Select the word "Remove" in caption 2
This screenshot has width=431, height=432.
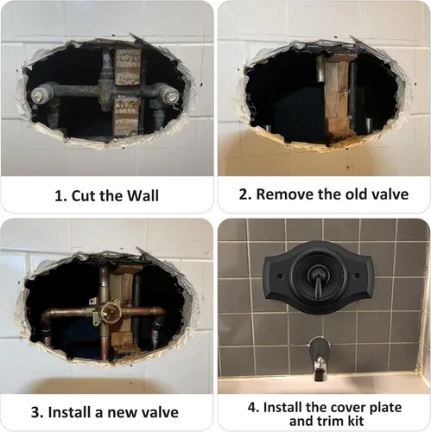pos(280,194)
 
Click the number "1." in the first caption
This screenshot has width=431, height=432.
pos(60,194)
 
